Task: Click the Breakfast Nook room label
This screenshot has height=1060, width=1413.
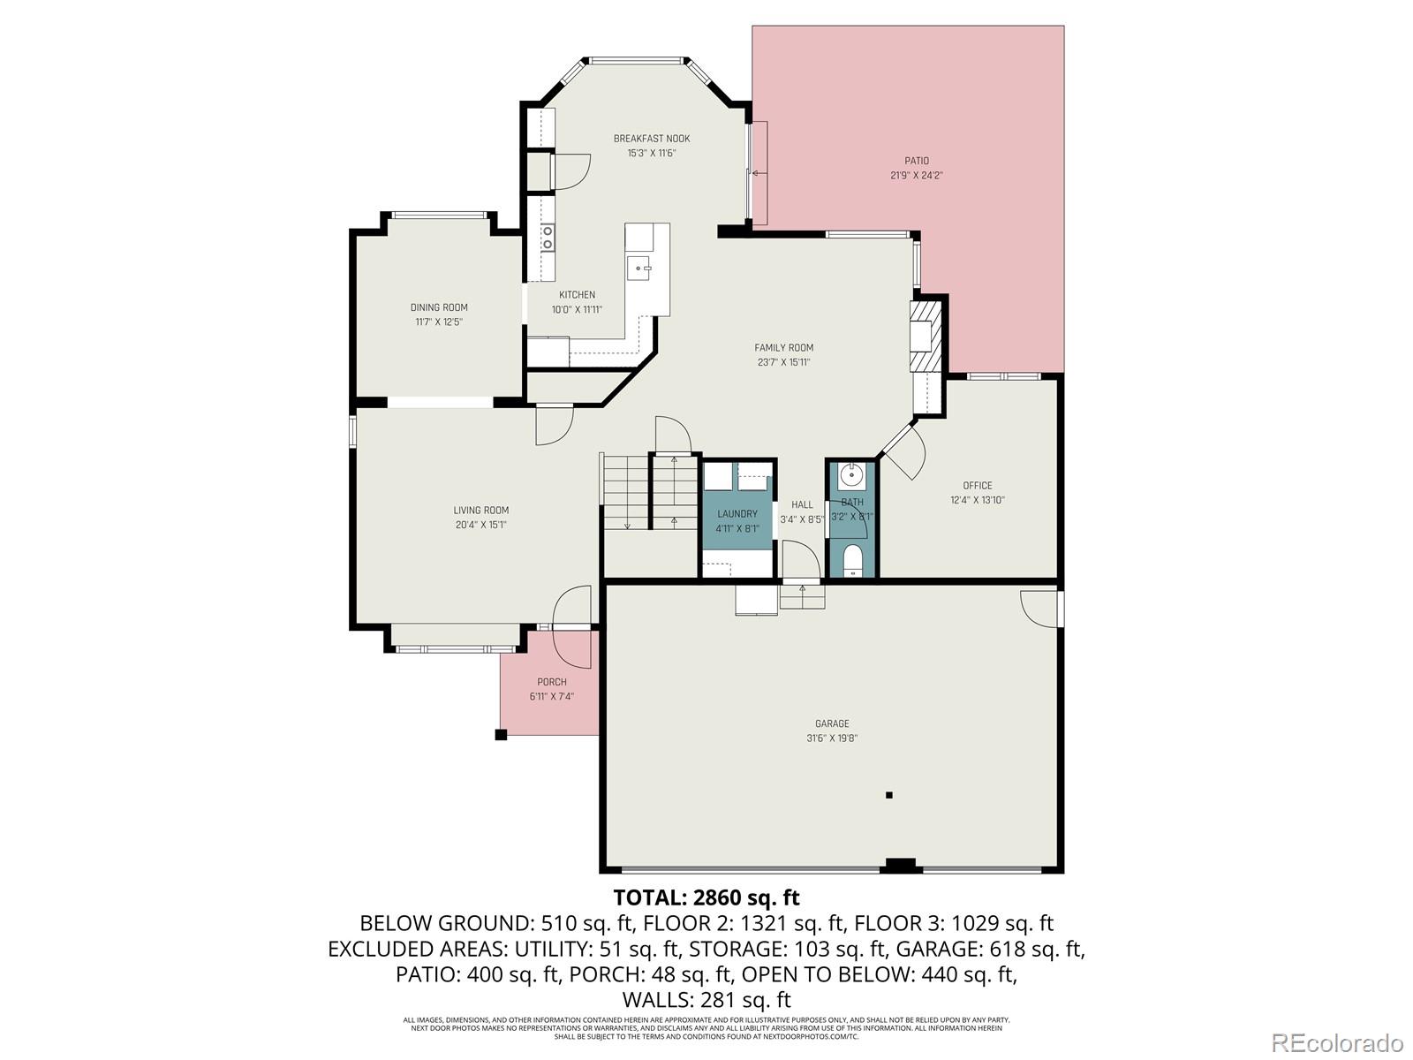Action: coord(652,139)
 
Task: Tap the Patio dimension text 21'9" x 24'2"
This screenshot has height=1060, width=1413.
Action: coord(916,175)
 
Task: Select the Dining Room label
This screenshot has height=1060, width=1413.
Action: coord(439,307)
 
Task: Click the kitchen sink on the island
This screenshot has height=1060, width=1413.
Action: coord(638,266)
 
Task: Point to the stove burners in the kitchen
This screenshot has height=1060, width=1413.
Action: coord(548,237)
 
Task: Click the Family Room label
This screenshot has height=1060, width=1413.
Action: coord(783,348)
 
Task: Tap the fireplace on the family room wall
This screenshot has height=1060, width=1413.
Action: coord(924,335)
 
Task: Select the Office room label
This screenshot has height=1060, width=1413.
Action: coord(977,486)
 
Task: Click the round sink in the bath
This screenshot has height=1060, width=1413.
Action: coord(852,476)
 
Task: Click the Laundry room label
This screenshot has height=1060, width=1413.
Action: coord(737,514)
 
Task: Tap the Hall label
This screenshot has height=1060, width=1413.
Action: coord(802,505)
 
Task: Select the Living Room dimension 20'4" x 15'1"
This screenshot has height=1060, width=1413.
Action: coord(480,525)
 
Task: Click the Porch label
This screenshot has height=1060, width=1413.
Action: coord(552,682)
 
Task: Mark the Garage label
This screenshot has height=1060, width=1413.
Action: coord(832,724)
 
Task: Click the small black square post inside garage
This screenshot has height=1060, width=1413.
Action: coord(889,795)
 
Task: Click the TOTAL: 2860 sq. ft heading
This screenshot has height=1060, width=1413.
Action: coord(706,897)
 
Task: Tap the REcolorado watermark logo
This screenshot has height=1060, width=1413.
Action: coord(1337,1042)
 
